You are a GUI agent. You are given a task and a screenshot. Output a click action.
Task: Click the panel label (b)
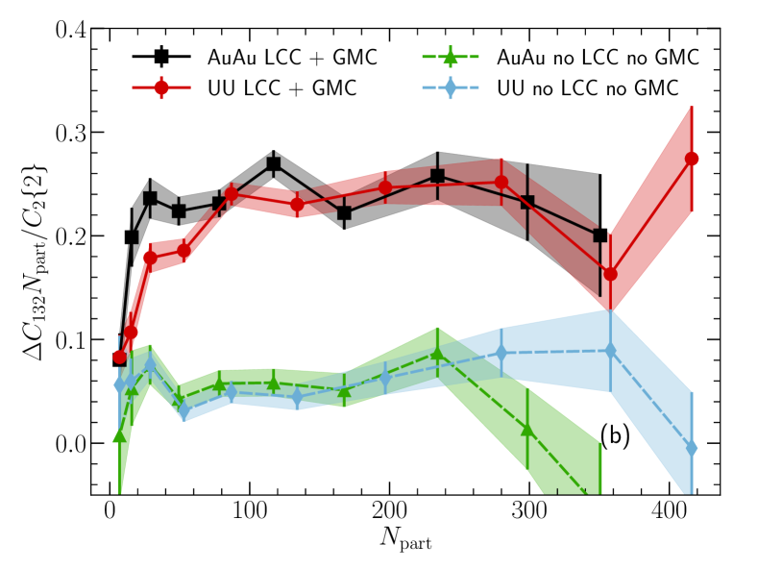click(x=615, y=435)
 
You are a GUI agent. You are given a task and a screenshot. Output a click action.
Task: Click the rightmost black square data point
click(x=600, y=235)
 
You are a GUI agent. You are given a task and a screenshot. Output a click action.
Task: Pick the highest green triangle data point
click(x=438, y=354)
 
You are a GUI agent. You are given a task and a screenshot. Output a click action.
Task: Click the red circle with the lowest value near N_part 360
click(x=611, y=274)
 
